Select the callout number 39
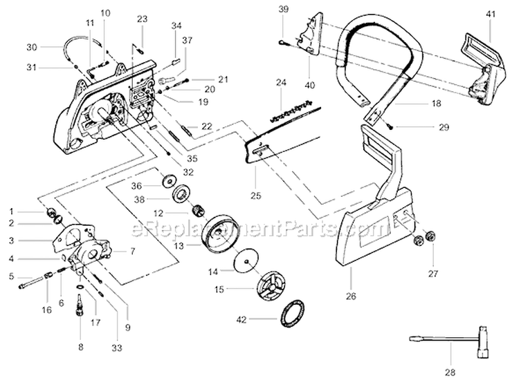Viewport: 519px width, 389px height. coord(282,8)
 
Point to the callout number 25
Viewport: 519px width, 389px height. coord(255,196)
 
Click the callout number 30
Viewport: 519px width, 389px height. coord(31,47)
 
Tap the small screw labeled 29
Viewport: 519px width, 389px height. coord(391,125)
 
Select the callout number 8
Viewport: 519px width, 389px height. coord(80,347)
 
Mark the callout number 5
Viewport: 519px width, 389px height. coord(10,277)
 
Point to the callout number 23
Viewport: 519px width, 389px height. coord(142,19)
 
